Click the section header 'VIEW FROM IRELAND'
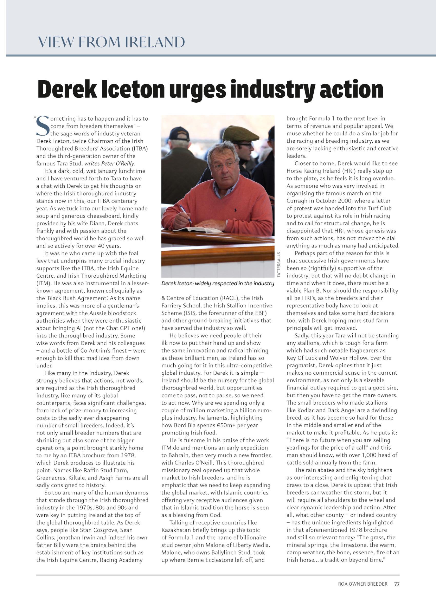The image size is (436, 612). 111,42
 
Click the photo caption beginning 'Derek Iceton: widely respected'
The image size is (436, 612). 218,284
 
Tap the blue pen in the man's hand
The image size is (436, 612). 185,213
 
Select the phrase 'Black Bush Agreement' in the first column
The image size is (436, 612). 75,298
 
